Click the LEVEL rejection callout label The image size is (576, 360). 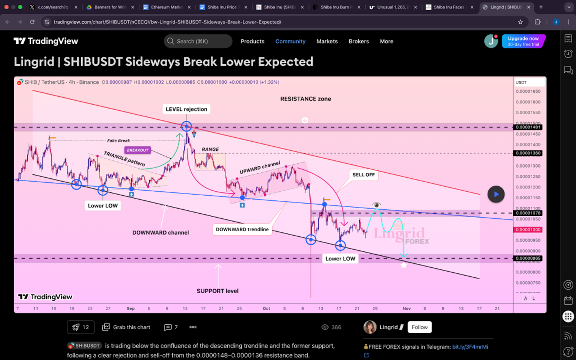[x=186, y=109]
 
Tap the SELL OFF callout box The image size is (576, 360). [x=363, y=175]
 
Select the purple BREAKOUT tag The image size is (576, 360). [x=138, y=151]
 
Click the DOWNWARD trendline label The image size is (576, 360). [x=242, y=229]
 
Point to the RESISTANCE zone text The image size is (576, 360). [x=305, y=99]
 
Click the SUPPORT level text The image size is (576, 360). [x=217, y=291]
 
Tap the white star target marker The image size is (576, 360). [x=403, y=264]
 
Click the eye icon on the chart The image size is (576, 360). [x=376, y=205]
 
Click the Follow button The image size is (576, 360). [x=420, y=327]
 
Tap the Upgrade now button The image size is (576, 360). [x=523, y=41]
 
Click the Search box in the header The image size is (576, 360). [x=198, y=41]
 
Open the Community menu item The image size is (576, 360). [x=290, y=41]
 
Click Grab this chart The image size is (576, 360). [x=126, y=327]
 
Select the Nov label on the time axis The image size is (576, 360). [x=407, y=308]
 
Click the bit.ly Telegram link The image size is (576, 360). [x=470, y=346]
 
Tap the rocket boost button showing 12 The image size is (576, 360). [x=80, y=327]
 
